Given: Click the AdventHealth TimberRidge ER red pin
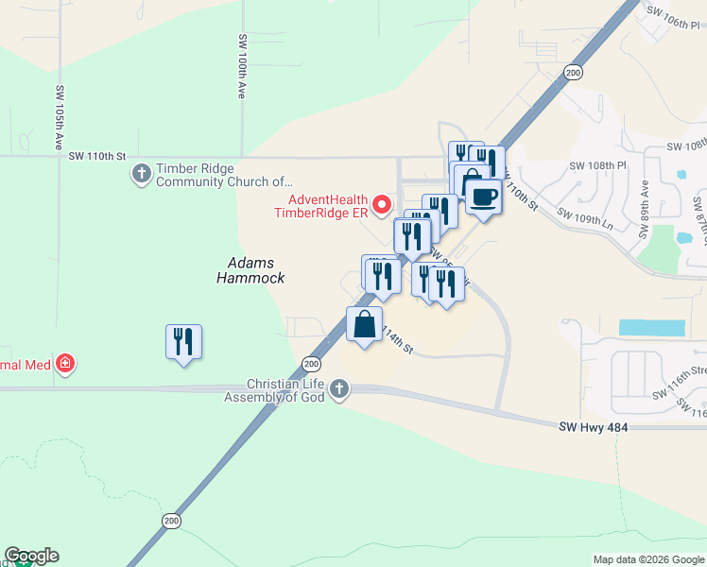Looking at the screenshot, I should pyautogui.click(x=382, y=203).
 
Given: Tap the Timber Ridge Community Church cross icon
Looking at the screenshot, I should pyautogui.click(x=142, y=173).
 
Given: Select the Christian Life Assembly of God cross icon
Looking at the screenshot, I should pyautogui.click(x=339, y=388).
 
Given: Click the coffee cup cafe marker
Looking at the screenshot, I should pyautogui.click(x=483, y=198).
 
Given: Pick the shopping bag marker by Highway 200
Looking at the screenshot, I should pyautogui.click(x=365, y=324).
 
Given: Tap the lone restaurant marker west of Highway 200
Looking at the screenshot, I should pyautogui.click(x=184, y=342).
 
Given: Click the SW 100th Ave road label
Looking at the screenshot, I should pyautogui.click(x=242, y=67).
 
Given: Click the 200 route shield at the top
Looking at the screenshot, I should pyautogui.click(x=572, y=72).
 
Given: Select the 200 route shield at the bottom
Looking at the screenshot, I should pyautogui.click(x=170, y=521).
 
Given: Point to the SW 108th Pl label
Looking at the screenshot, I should pyautogui.click(x=598, y=164).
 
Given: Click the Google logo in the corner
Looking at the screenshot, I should pyautogui.click(x=31, y=556).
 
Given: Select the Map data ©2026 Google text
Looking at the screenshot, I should pyautogui.click(x=647, y=559).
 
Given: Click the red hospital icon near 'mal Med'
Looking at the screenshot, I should pyautogui.click(x=64, y=363).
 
